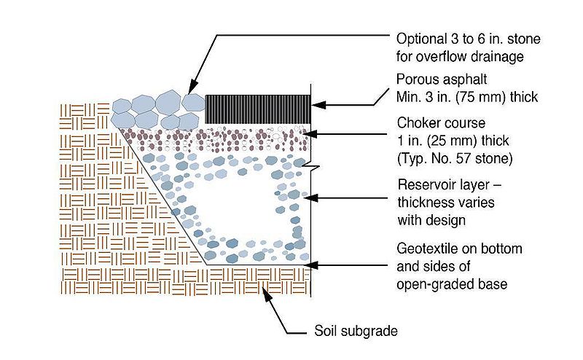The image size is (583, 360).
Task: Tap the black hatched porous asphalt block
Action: click(258, 109)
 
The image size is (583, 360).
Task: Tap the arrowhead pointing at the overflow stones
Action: click(191, 87)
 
